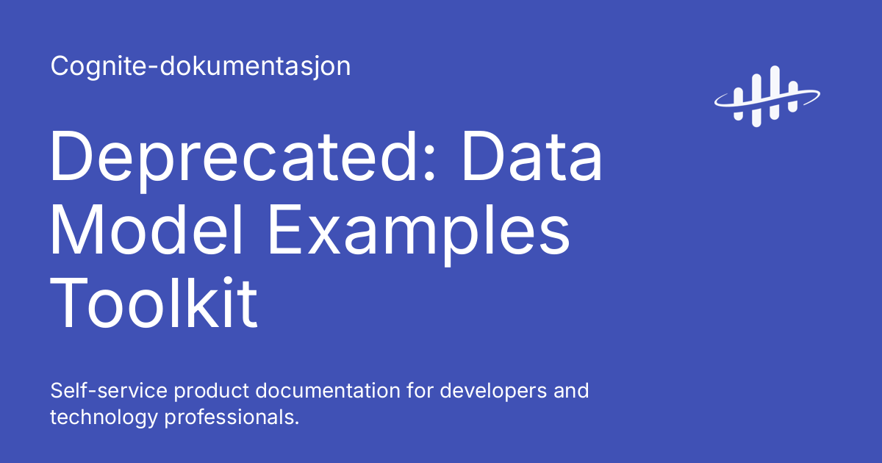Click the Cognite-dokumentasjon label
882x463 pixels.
(x=200, y=67)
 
